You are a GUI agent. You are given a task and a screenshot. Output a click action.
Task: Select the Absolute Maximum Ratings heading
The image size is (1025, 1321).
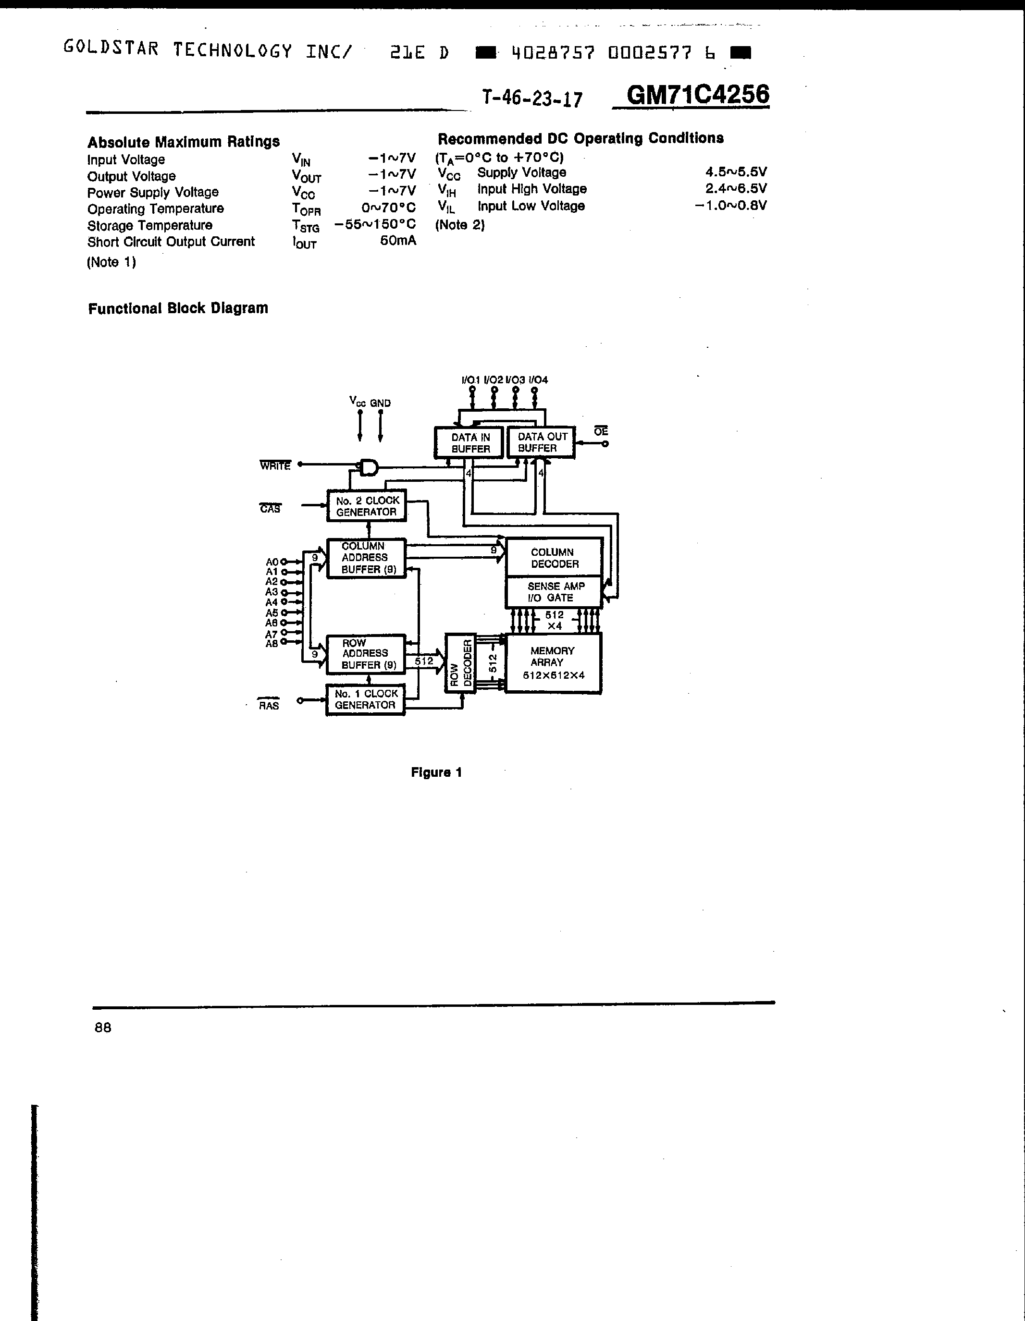(x=184, y=142)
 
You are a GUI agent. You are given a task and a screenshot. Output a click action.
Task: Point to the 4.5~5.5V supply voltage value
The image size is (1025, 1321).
(x=736, y=172)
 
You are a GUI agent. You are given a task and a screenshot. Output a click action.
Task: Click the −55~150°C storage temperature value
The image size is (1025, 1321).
(x=375, y=224)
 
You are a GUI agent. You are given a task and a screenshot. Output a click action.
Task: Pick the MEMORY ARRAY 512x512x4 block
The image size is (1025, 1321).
(x=554, y=663)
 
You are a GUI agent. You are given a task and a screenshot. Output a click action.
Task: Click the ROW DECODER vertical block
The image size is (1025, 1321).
(x=460, y=663)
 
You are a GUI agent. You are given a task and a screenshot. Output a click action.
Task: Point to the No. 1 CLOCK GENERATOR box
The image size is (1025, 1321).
(x=366, y=700)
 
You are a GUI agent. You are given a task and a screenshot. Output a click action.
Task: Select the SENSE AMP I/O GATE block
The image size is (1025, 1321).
(x=554, y=591)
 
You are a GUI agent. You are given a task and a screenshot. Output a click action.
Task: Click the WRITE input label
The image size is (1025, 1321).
(x=275, y=465)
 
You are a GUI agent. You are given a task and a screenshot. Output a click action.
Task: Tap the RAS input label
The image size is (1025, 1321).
(x=269, y=705)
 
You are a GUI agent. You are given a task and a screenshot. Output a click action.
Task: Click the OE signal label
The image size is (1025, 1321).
(x=601, y=431)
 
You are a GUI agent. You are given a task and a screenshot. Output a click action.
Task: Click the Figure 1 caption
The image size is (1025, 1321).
(x=436, y=772)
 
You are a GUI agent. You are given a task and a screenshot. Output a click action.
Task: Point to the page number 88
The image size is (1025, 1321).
(x=103, y=1027)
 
